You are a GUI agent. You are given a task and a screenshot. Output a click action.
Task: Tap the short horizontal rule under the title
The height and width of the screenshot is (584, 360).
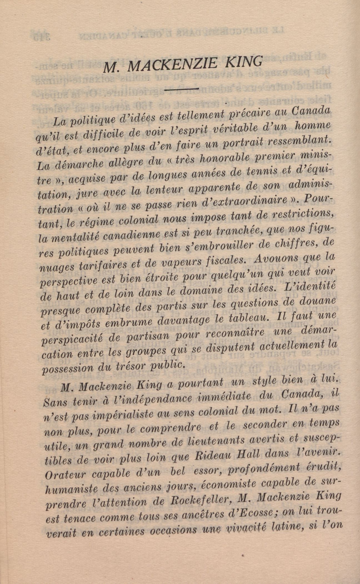click(x=182, y=89)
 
